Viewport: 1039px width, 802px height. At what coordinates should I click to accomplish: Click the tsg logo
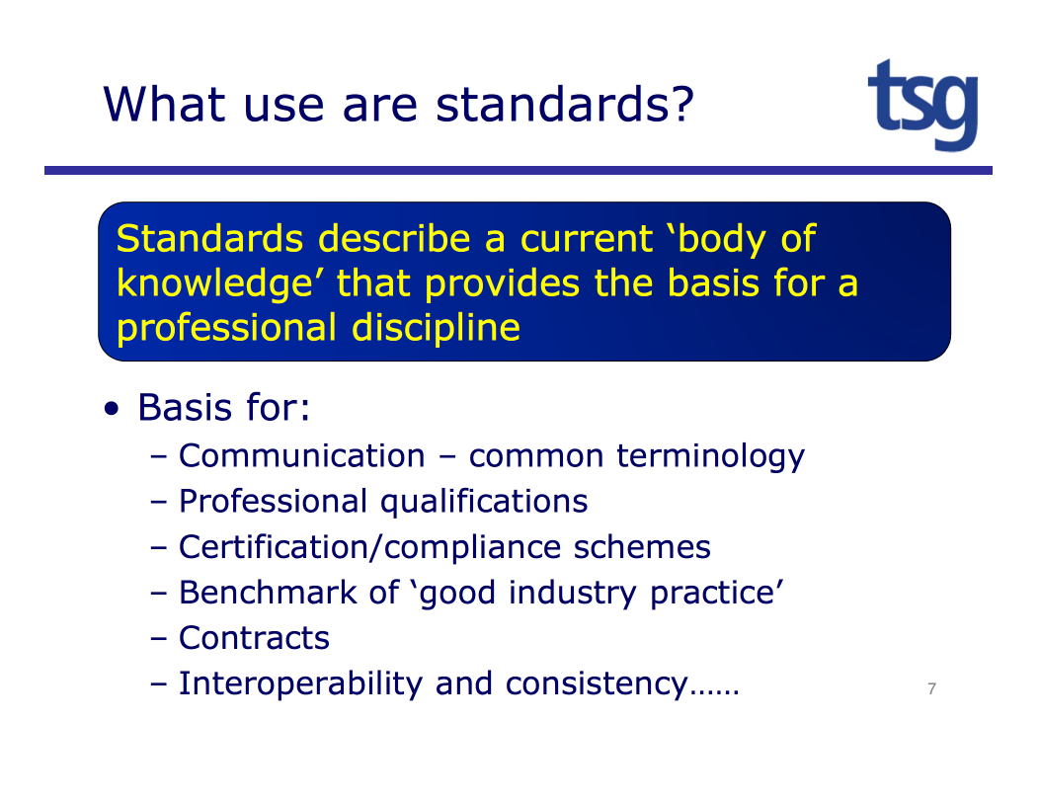923,105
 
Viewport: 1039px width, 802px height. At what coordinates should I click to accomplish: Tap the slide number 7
931,688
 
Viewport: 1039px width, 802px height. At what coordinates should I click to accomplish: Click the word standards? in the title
565,104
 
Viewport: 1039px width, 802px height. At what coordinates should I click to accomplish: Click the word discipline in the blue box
436,328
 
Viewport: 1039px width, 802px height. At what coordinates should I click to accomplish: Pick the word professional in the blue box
226,329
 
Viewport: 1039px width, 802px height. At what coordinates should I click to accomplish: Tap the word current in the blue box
587,239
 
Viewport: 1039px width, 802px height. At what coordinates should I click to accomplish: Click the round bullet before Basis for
112,408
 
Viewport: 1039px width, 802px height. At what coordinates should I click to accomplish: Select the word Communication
302,456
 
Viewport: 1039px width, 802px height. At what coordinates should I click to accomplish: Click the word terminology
710,457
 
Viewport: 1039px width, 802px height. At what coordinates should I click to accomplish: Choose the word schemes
642,547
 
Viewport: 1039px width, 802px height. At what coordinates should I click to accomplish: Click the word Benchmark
268,593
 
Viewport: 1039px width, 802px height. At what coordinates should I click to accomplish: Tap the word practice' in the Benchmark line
717,594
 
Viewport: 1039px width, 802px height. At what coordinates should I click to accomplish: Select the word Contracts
255,638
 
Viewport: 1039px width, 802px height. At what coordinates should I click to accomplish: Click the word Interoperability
300,684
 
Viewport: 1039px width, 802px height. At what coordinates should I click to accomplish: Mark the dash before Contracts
158,639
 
